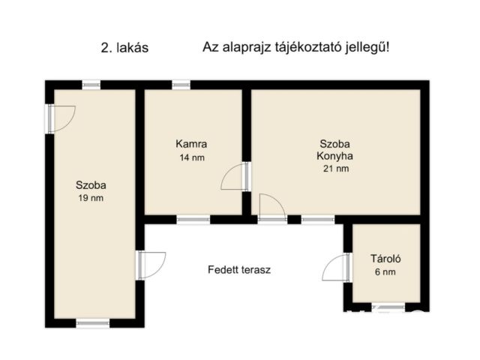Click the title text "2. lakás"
tap(124, 47)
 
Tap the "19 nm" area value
tap(91, 198)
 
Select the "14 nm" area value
tap(191, 157)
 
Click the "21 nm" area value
tap(334, 169)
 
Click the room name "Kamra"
tap(191, 144)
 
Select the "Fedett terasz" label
tap(239, 269)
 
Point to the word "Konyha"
tap(334, 157)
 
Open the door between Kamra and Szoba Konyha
tap(237, 177)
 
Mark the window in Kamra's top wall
tap(181, 85)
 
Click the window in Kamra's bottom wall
tap(193, 220)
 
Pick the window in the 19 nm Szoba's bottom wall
tap(93, 323)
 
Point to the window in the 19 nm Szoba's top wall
tap(91, 85)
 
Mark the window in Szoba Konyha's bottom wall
tap(318, 220)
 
